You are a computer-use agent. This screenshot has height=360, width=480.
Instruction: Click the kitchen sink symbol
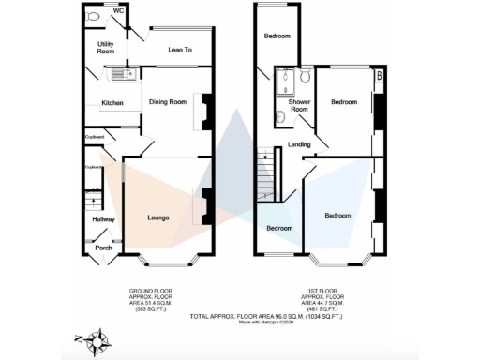click(x=119, y=74)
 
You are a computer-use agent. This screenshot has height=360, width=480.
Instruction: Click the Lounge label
click(x=157, y=217)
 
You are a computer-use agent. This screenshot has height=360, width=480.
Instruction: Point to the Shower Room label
click(x=298, y=105)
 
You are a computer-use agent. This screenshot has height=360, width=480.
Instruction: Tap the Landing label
click(x=299, y=144)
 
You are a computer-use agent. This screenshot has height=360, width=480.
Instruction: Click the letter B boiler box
click(x=378, y=75)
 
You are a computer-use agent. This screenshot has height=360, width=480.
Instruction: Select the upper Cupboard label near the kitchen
click(x=94, y=137)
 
